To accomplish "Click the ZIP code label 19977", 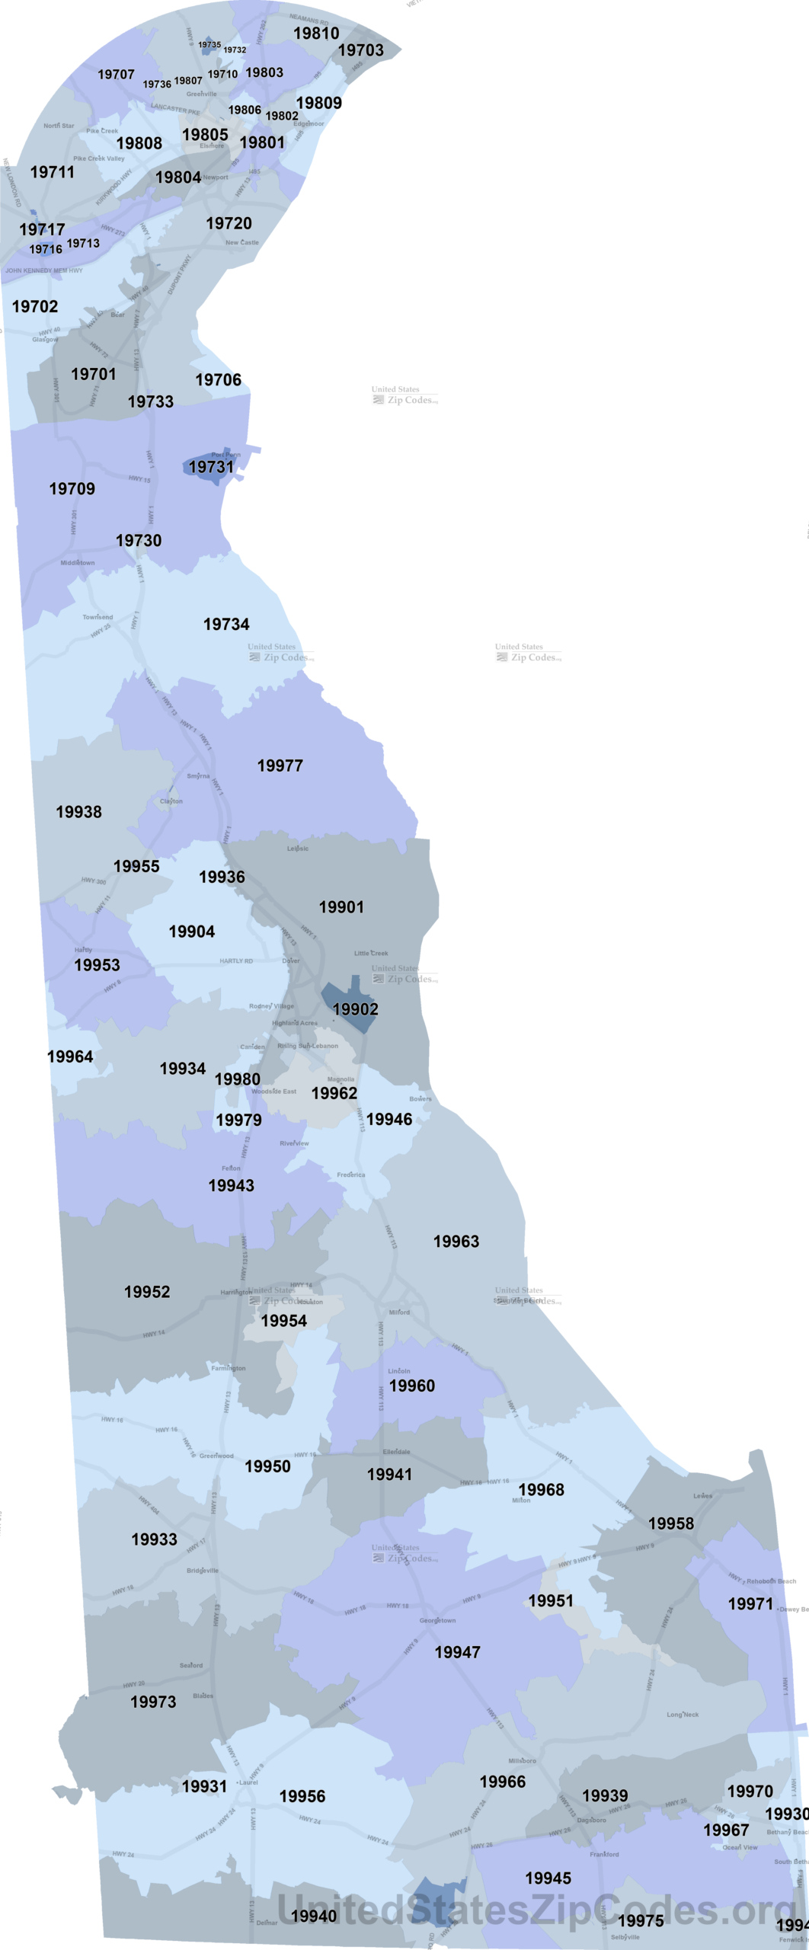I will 280,766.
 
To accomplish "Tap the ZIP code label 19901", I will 341,907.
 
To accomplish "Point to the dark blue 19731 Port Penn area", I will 210,466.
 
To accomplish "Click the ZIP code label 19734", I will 226,625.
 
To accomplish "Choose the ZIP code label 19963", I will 456,1242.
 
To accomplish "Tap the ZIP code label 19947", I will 457,1652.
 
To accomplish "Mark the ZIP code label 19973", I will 153,1702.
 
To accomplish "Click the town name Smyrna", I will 198,776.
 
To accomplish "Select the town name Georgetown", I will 437,1620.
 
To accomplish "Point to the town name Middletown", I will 78,563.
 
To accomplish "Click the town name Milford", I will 399,1312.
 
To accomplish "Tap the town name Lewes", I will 702,1496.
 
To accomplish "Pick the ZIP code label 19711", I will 53,172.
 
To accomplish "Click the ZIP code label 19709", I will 72,489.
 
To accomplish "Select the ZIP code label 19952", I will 147,1292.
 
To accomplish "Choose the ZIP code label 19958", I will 671,1523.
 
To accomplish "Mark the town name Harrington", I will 236,1293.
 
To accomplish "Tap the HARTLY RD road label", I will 236,961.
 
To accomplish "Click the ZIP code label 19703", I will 361,50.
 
